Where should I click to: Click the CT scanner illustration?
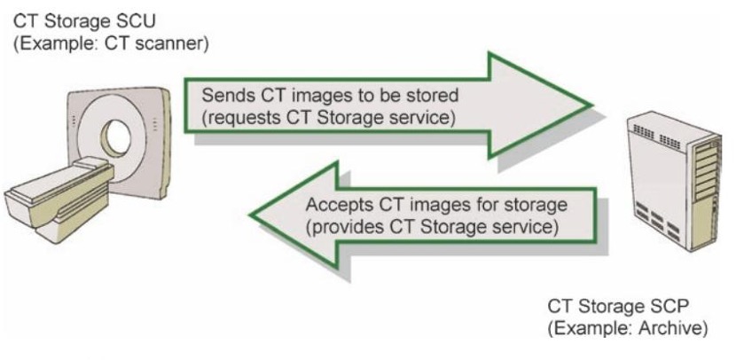pyautogui.click(x=89, y=164)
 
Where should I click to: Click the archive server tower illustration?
pyautogui.click(x=675, y=182)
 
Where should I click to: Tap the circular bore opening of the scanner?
pyautogui.click(x=116, y=137)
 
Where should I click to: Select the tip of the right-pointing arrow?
pyautogui.click(x=592, y=106)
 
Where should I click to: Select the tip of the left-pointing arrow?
pyautogui.click(x=249, y=216)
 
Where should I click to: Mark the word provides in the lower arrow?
pyautogui.click(x=343, y=228)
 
